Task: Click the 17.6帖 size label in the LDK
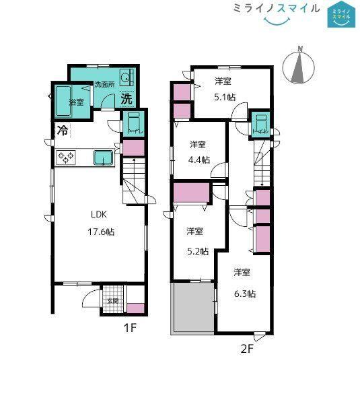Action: [x=101, y=232]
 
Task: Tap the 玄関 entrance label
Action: [x=113, y=301]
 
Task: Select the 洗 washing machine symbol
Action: [x=127, y=98]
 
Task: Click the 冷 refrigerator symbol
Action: [x=63, y=131]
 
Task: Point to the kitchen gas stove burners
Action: [x=66, y=158]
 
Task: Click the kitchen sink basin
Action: [x=103, y=158]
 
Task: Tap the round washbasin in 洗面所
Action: [x=127, y=77]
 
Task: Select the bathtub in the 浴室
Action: [x=63, y=101]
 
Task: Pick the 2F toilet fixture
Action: [x=261, y=123]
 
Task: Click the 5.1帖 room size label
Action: [x=225, y=98]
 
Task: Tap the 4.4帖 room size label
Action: [x=199, y=160]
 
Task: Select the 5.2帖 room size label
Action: [x=198, y=251]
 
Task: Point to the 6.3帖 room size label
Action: [x=245, y=294]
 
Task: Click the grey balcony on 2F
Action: [x=194, y=308]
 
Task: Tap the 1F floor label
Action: [x=130, y=328]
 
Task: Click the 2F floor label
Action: [x=247, y=349]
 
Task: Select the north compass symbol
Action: [x=299, y=66]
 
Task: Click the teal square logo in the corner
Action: [x=341, y=14]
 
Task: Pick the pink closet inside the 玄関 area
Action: [x=136, y=308]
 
